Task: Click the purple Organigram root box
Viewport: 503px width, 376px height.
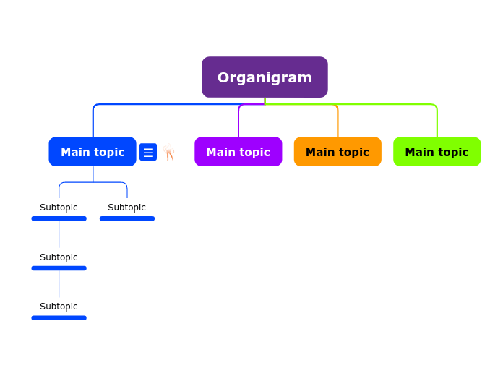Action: pyautogui.click(x=265, y=77)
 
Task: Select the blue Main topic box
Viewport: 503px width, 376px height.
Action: pyautogui.click(x=93, y=152)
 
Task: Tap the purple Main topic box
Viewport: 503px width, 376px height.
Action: pyautogui.click(x=238, y=152)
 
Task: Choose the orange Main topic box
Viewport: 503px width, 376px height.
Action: pyautogui.click(x=338, y=152)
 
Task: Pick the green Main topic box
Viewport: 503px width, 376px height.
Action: pyautogui.click(x=437, y=152)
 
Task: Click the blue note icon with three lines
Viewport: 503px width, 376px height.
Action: pyautogui.click(x=148, y=152)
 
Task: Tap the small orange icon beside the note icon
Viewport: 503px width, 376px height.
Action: pyautogui.click(x=169, y=152)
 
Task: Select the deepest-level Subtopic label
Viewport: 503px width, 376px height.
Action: pyautogui.click(x=59, y=307)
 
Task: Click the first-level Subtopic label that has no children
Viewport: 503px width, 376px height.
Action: pyautogui.click(x=126, y=208)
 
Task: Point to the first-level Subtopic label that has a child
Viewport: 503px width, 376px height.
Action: pyautogui.click(x=59, y=208)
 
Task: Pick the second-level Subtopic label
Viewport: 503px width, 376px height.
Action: pyautogui.click(x=59, y=257)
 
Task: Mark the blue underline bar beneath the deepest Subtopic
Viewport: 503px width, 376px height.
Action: pyautogui.click(x=59, y=318)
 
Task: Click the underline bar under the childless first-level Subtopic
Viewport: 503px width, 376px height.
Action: pyautogui.click(x=126, y=218)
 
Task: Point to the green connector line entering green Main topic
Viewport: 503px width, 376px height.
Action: pyautogui.click(x=437, y=123)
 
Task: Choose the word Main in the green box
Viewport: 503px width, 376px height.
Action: pyautogui.click(x=419, y=152)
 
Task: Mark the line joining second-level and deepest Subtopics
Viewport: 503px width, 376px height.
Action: pyautogui.click(x=59, y=283)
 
